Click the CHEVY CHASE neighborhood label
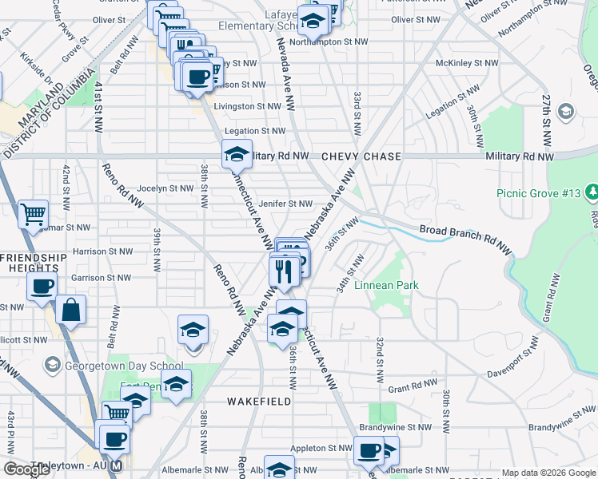(x=361, y=156)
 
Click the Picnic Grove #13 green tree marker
(x=592, y=192)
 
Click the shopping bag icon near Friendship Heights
(x=70, y=310)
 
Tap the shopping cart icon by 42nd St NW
(x=33, y=213)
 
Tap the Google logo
(x=26, y=469)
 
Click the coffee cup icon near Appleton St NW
(x=369, y=449)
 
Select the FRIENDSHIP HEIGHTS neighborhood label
(x=34, y=263)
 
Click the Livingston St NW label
(x=247, y=106)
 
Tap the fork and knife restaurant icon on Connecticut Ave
(x=284, y=271)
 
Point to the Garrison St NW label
(x=100, y=278)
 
